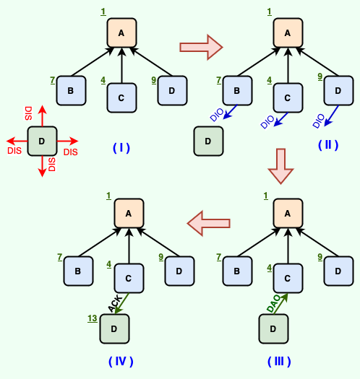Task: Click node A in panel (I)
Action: pyautogui.click(x=121, y=33)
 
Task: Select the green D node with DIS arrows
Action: pyautogui.click(x=42, y=141)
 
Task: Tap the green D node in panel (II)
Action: pyautogui.click(x=208, y=141)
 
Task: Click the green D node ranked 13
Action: pyautogui.click(x=114, y=329)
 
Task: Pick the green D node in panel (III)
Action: pyautogui.click(x=273, y=329)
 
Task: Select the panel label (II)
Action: pyautogui.click(x=327, y=144)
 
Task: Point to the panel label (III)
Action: pyautogui.click(x=279, y=361)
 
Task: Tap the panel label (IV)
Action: pyautogui.click(x=121, y=361)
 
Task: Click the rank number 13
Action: pyautogui.click(x=92, y=318)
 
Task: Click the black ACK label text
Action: pyautogui.click(x=115, y=304)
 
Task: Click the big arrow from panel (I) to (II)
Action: pyautogui.click(x=201, y=48)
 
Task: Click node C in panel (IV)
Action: pyautogui.click(x=129, y=278)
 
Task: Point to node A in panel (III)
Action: pyautogui.click(x=288, y=213)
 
